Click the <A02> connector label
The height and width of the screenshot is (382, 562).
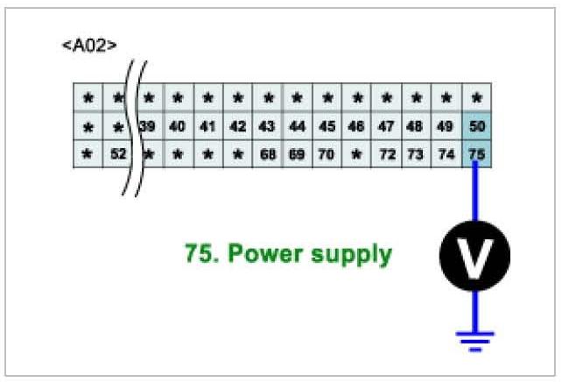[x=89, y=45]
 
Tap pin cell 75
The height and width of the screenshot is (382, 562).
[x=476, y=154]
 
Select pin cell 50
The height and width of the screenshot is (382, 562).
[x=476, y=126]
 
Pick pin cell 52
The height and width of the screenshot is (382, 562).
[x=118, y=154]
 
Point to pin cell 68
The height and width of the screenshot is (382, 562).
[x=268, y=154]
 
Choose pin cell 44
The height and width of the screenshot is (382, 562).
[x=298, y=126]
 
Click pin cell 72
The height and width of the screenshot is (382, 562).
[x=387, y=154]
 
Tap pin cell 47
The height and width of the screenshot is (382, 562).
[x=387, y=126]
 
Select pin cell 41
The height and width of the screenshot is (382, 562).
[x=207, y=126]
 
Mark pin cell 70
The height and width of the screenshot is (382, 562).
[x=327, y=154]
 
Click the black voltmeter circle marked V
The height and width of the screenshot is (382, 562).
[x=474, y=254]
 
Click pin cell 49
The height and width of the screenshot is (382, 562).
[x=446, y=126]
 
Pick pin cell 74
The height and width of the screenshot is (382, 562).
[x=446, y=154]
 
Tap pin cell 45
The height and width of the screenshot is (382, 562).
[x=327, y=126]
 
